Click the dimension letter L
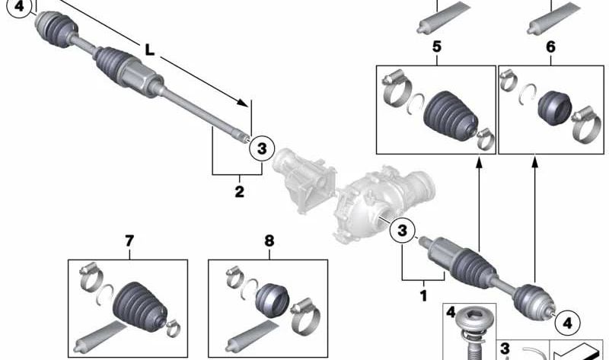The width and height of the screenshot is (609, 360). click(149, 49)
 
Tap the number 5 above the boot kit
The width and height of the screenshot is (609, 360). click(437, 46)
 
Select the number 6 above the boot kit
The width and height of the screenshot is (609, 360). click(550, 47)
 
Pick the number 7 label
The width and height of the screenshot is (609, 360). click(129, 241)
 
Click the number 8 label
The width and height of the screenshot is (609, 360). click(269, 241)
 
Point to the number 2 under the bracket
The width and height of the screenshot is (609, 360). click(239, 192)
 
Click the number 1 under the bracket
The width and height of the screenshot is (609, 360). click(424, 296)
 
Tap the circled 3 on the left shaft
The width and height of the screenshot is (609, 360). click(262, 148)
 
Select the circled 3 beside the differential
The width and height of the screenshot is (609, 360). click(403, 231)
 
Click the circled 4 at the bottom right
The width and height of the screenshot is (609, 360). click(568, 323)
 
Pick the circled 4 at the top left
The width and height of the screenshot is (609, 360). click(20, 8)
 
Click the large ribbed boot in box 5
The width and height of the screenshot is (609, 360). click(450, 116)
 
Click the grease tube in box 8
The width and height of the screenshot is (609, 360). click(253, 338)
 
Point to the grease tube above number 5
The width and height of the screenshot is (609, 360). click(443, 18)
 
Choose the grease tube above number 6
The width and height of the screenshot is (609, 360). click(554, 18)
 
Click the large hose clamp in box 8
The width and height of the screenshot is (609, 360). click(305, 315)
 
